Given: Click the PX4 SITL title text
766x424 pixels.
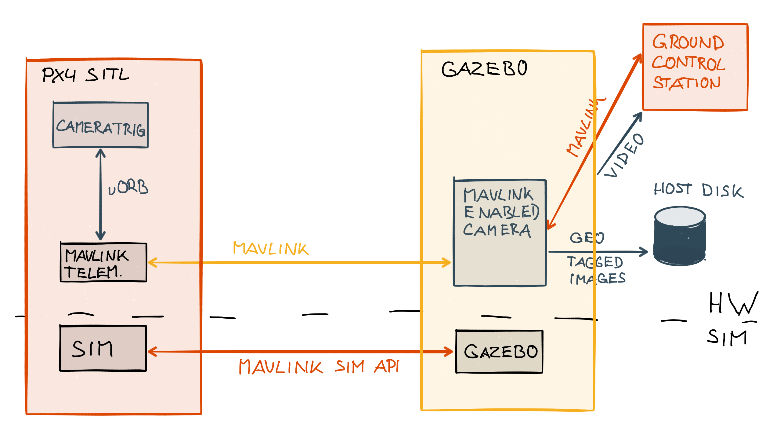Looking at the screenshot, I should (x=85, y=75).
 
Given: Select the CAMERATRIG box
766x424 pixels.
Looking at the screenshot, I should (x=100, y=125).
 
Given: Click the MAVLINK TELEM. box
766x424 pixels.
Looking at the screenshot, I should (x=103, y=262).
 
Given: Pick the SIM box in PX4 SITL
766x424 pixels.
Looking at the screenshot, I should (x=103, y=349).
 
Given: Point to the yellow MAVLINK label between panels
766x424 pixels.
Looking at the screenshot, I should (x=271, y=248).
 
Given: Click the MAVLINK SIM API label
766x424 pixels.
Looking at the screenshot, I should (x=319, y=367).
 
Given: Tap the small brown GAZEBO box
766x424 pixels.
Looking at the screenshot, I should (x=499, y=352).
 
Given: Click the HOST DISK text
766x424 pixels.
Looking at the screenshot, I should (x=698, y=190).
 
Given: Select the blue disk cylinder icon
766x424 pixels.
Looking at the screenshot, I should (x=679, y=236).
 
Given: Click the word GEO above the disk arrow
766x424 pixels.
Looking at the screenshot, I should (x=587, y=238).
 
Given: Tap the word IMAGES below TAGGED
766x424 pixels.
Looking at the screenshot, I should (x=598, y=279).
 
